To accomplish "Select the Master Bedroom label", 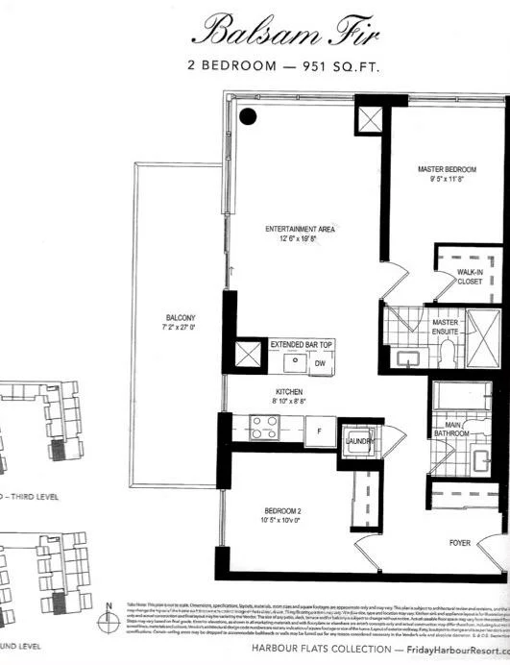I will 447,170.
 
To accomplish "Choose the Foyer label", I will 461,543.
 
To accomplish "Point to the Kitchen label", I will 289,392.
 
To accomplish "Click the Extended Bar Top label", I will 300,343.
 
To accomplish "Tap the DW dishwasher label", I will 321,363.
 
